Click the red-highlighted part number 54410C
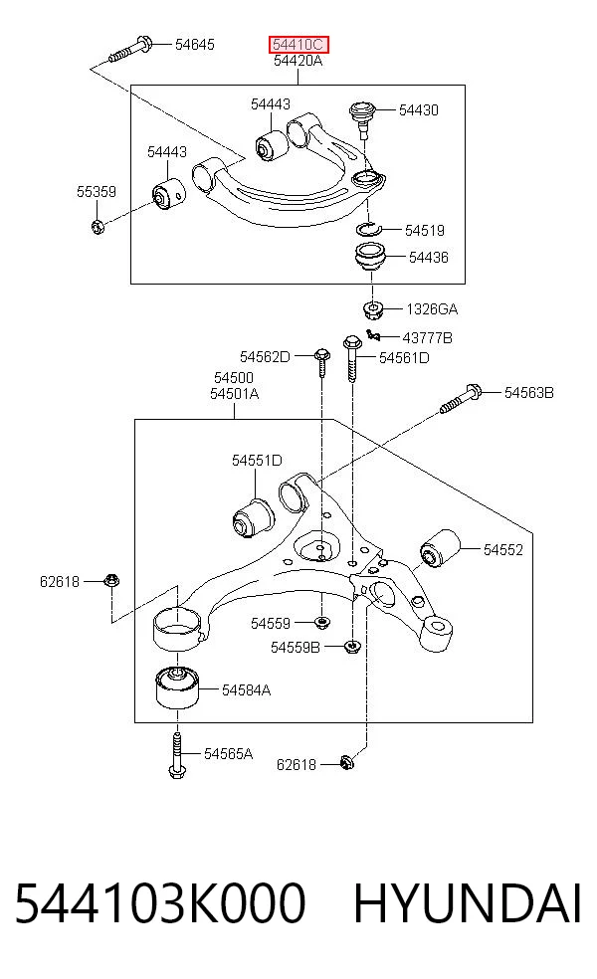tap(298, 45)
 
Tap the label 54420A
tap(298, 61)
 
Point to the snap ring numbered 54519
tap(368, 229)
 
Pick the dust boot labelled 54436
tap(371, 258)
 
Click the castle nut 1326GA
tap(373, 308)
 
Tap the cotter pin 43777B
tap(373, 335)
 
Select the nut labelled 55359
tap(97, 226)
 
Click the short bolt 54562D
tap(321, 362)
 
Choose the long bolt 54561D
tap(352, 358)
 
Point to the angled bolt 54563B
tap(461, 399)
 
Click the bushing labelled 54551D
tap(253, 516)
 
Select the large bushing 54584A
tap(177, 687)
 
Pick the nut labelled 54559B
tap(352, 647)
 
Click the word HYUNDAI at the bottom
tap(468, 902)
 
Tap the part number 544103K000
tap(160, 902)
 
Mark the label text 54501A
tap(234, 394)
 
